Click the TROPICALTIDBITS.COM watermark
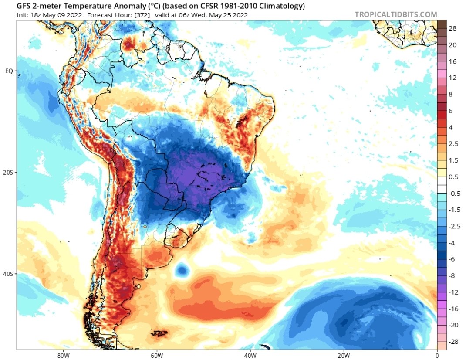[x=395, y=14]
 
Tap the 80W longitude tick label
[x=63, y=354]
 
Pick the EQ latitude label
[x=9, y=71]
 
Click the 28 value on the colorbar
[x=452, y=28]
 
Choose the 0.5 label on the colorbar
[x=453, y=177]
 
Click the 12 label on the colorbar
[x=452, y=78]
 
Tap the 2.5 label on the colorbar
[x=453, y=143]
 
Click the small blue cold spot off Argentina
[x=182, y=271]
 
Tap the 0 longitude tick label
[x=437, y=354]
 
